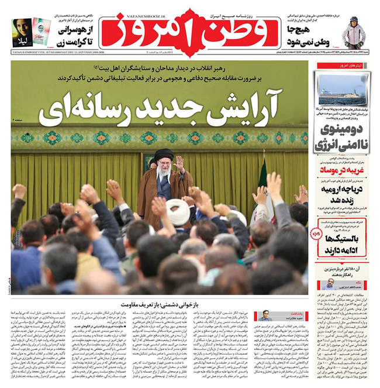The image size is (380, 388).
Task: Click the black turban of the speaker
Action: [162, 159]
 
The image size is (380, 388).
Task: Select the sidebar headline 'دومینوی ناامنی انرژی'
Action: [341, 136]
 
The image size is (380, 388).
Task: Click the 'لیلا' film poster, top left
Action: [22, 33]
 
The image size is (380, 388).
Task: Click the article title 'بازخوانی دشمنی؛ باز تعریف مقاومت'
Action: [160, 305]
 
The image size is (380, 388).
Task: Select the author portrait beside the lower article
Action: [264, 315]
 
